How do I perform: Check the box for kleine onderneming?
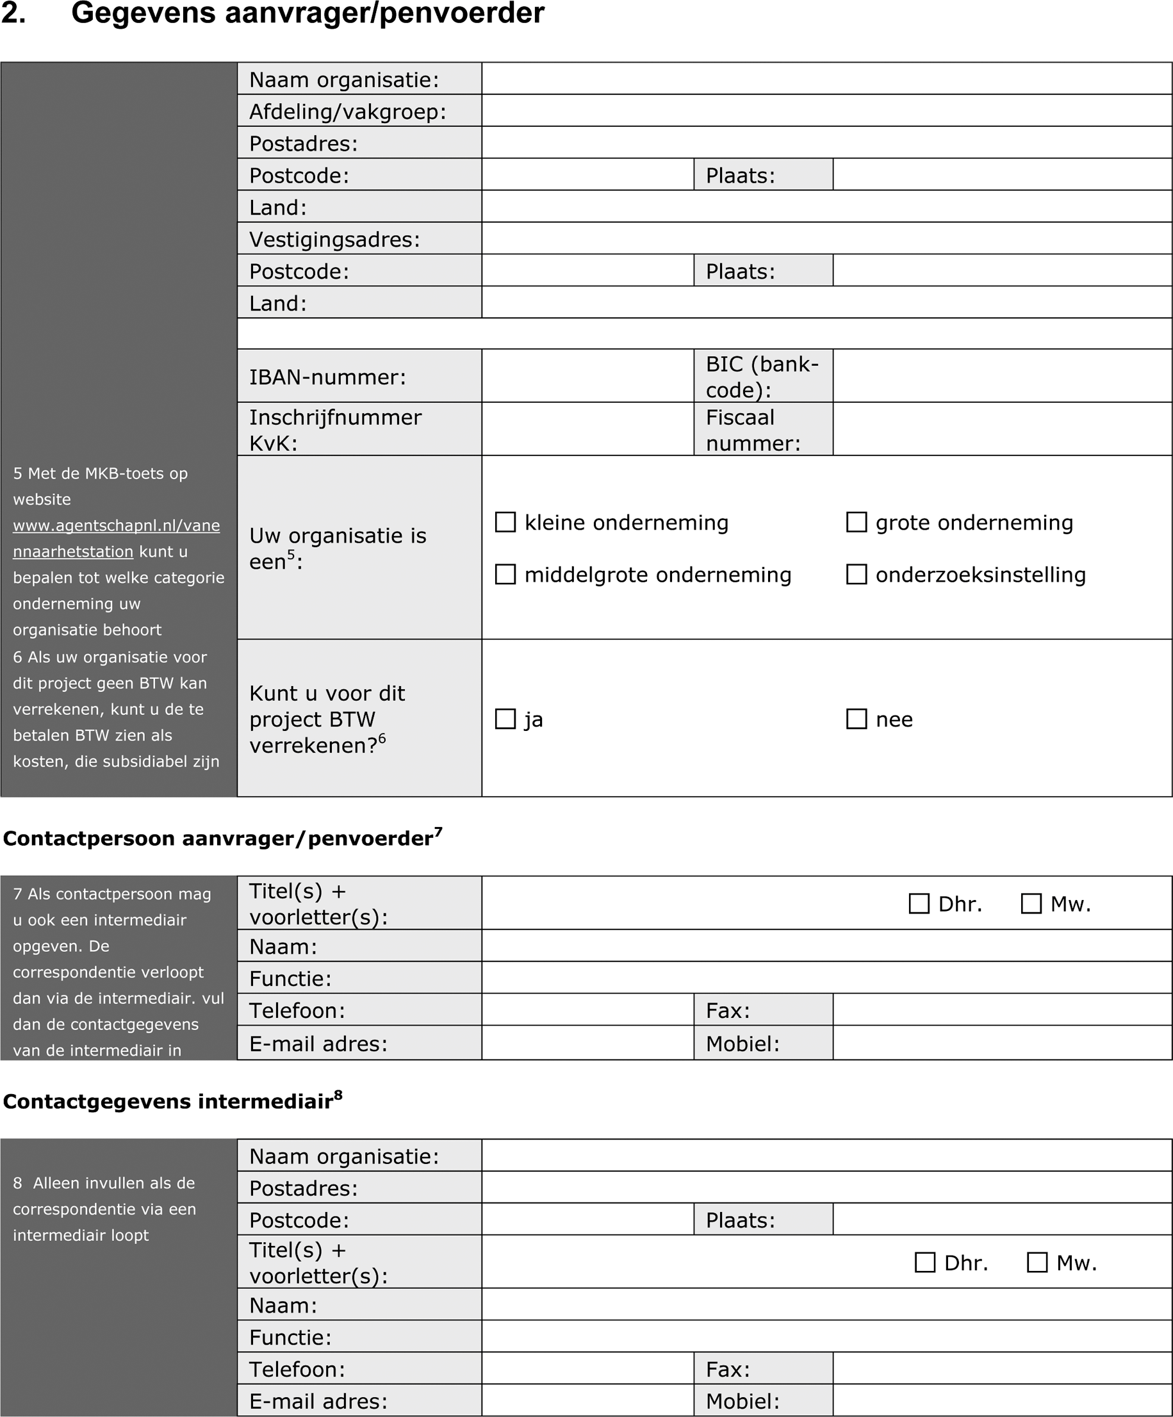(505, 522)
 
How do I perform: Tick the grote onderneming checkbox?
(857, 522)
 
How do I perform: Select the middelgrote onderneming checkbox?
(505, 574)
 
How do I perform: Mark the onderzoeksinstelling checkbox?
(857, 574)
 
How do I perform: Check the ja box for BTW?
(505, 719)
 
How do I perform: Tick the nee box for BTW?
(857, 719)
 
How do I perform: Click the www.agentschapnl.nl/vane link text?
(116, 526)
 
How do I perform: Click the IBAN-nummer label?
(327, 377)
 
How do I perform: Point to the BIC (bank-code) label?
(762, 377)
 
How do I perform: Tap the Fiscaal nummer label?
(753, 430)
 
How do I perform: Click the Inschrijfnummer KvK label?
(335, 430)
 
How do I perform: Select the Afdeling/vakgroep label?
(348, 111)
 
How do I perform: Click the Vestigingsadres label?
(334, 240)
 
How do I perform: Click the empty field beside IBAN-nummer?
(587, 376)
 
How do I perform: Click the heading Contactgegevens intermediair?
(168, 1102)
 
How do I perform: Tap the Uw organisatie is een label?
(338, 548)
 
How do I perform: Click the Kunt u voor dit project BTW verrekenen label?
(327, 719)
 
